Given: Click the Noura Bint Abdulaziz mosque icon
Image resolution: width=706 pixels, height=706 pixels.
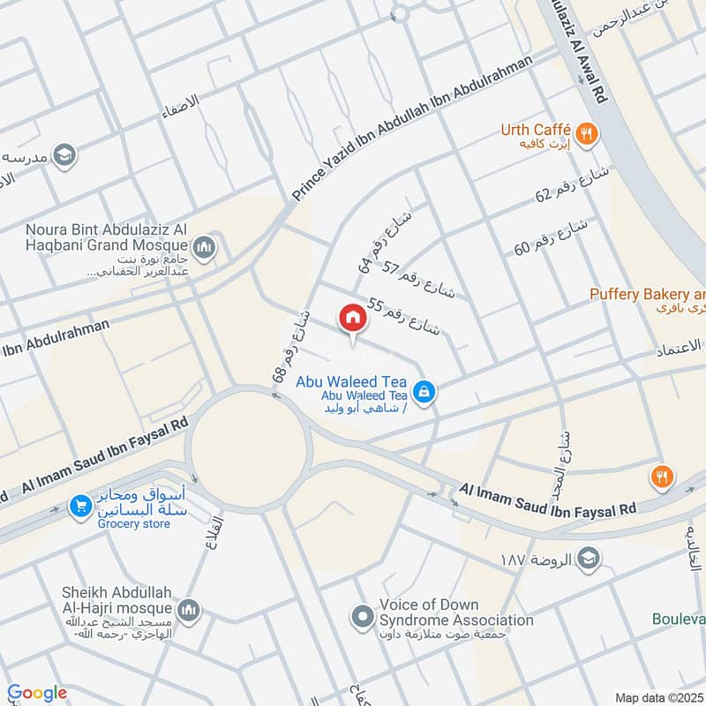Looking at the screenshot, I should (204, 246).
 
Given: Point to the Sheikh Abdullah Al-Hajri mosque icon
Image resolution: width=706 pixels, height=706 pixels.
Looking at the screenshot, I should (190, 610).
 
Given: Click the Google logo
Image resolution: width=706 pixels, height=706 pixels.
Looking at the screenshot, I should (37, 694).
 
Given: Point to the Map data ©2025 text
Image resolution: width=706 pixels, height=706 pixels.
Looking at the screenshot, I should (657, 697).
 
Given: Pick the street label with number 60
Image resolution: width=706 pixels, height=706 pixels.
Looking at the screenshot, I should (551, 237).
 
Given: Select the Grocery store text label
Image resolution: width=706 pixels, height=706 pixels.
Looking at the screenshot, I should (134, 523).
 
